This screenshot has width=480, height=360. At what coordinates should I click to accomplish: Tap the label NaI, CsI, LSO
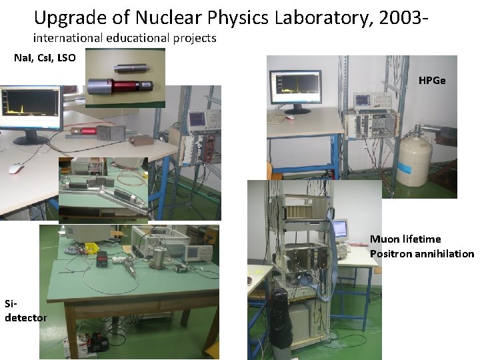[x=45, y=58]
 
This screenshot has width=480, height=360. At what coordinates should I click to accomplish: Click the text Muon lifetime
[x=405, y=239]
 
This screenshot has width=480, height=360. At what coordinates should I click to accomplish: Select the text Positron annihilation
[x=421, y=253]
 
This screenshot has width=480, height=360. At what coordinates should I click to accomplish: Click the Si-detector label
[x=25, y=311]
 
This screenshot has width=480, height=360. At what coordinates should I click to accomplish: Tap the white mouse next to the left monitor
[x=17, y=167]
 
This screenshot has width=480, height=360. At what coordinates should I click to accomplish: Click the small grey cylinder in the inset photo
[x=127, y=67]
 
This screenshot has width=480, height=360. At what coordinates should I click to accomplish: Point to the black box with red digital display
[x=103, y=260]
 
